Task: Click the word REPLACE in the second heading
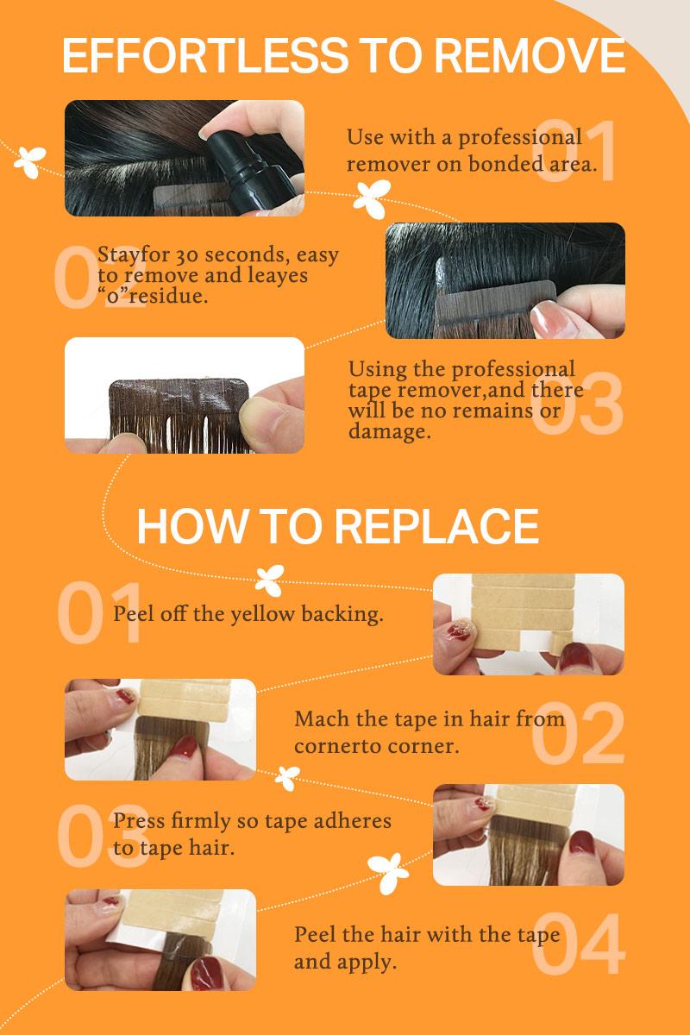pyautogui.click(x=436, y=526)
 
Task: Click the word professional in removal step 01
pyautogui.click(x=520, y=138)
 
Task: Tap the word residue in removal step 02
pyautogui.click(x=169, y=296)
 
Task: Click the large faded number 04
pyautogui.click(x=579, y=943)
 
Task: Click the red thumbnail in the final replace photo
pyautogui.click(x=207, y=972)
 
